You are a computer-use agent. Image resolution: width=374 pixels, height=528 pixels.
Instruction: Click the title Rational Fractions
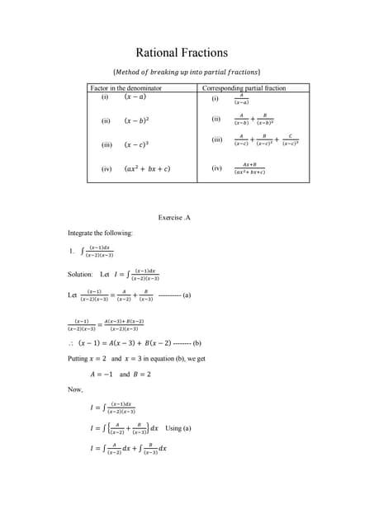(187, 52)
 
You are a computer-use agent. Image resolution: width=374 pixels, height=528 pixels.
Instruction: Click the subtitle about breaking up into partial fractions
(186, 72)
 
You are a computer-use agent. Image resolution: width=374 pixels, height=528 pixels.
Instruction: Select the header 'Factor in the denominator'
(125, 87)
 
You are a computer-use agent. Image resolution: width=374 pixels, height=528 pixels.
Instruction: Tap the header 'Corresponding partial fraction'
(243, 87)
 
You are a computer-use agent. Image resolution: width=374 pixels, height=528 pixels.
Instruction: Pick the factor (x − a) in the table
(136, 98)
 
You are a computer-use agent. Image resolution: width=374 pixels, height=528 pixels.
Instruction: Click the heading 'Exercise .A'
(173, 218)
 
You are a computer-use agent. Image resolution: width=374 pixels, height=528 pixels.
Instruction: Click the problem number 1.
(73, 252)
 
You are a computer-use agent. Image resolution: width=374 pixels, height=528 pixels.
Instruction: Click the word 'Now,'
(75, 390)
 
